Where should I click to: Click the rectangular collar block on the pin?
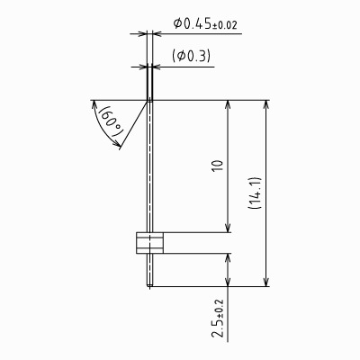coord(149,242)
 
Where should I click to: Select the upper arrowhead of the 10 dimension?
coord(228,104)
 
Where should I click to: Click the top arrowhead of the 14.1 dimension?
coord(265,104)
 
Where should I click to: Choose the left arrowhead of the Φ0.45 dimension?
coord(143,34)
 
